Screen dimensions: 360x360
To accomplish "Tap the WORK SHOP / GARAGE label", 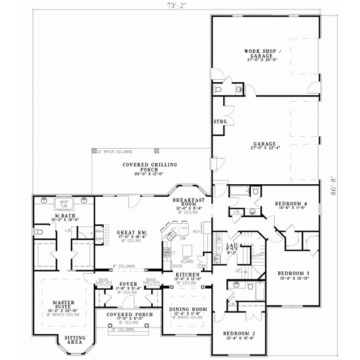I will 260,53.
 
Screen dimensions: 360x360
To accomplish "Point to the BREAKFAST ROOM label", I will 188,203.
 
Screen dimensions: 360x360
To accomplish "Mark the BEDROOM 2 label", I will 234,334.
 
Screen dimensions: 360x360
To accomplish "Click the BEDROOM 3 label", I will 294,274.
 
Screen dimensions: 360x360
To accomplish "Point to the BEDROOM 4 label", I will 290,204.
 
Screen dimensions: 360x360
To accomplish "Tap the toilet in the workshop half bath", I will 218,89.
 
